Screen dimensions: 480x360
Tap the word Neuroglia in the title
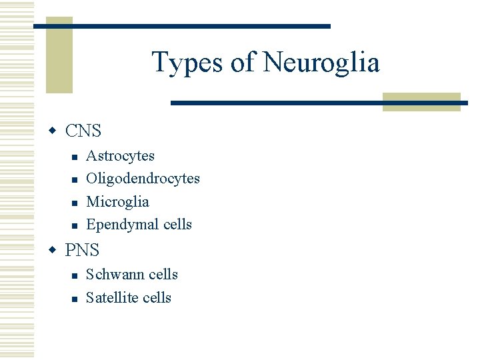pyautogui.click(x=321, y=63)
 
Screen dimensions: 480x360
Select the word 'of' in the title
pyautogui.click(x=243, y=63)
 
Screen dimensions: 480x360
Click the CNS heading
pyautogui.click(x=83, y=131)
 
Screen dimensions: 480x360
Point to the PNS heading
pyautogui.click(x=82, y=250)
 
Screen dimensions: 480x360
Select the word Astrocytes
pyautogui.click(x=120, y=156)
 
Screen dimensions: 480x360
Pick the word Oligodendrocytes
pyautogui.click(x=143, y=179)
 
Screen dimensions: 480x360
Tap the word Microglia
pyautogui.click(x=117, y=202)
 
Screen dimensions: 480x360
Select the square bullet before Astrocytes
pyautogui.click(x=75, y=157)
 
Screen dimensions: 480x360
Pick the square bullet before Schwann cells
pyautogui.click(x=75, y=275)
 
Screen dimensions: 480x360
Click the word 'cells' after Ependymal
pyautogui.click(x=177, y=225)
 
